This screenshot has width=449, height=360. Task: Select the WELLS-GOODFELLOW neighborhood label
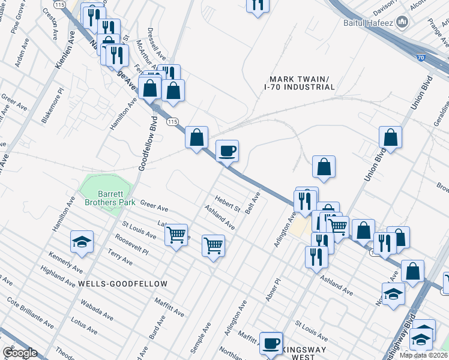(x=121, y=283)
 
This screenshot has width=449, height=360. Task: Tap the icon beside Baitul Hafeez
(x=403, y=23)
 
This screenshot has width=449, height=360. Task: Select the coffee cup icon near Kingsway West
(x=271, y=343)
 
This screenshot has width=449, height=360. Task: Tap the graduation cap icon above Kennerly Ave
(x=82, y=242)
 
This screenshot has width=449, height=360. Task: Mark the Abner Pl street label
(x=271, y=290)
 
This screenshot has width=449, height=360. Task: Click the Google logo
(x=20, y=353)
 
